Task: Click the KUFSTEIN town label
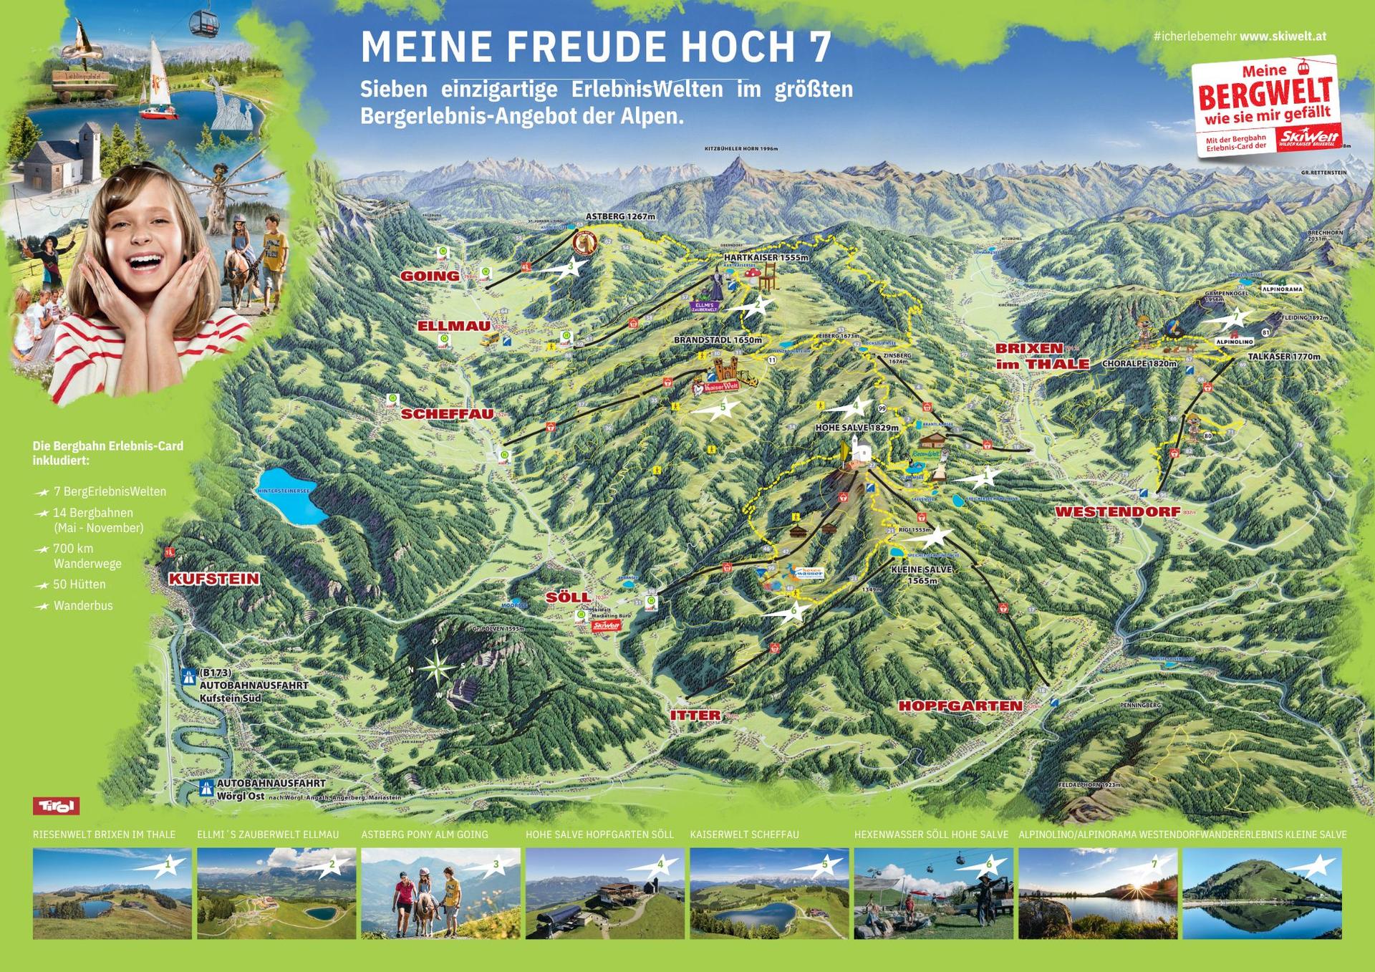pyautogui.click(x=213, y=579)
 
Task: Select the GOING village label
pyautogui.click(x=430, y=276)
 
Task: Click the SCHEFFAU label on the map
pyautogui.click(x=437, y=414)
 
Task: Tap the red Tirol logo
pyautogui.click(x=56, y=806)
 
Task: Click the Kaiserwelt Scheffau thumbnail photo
pyautogui.click(x=768, y=893)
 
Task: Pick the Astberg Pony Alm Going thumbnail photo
pyautogui.click(x=440, y=893)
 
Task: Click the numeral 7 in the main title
pyautogui.click(x=819, y=47)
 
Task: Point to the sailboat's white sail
pyautogui.click(x=155, y=72)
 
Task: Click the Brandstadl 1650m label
pyautogui.click(x=717, y=340)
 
